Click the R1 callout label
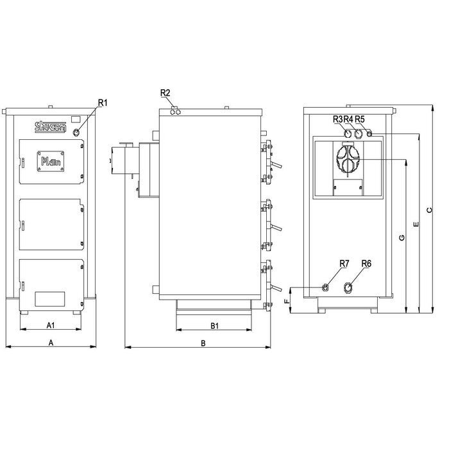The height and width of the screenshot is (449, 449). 103,103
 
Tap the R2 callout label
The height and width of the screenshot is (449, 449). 165,94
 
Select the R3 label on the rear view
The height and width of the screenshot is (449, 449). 337,119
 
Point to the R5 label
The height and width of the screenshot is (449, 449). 359,119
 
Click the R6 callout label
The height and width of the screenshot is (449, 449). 367,264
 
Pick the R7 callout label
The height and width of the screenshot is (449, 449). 344,264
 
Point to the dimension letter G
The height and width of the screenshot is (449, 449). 402,238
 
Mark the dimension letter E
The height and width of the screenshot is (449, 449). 416,225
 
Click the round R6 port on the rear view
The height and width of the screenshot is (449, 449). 349,287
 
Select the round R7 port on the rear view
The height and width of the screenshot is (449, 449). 326,287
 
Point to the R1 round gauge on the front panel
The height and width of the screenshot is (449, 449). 77,133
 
